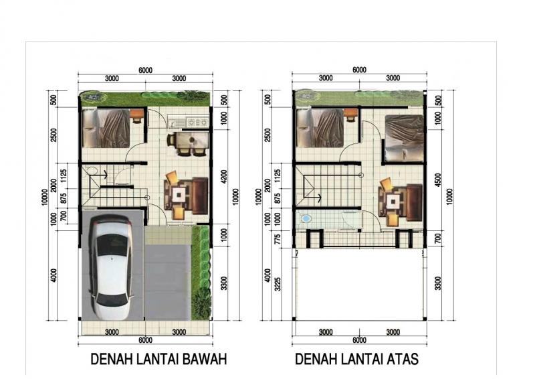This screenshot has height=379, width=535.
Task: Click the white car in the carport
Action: tap(112, 268)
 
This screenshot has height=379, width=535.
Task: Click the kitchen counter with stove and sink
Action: tap(189, 123)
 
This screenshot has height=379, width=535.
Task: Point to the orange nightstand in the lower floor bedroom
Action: tap(136, 116)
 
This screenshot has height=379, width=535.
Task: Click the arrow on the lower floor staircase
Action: tap(104, 175)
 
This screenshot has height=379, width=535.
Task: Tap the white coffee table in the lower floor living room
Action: tap(179, 195)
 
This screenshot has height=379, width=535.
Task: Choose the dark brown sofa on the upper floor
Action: tap(413, 200)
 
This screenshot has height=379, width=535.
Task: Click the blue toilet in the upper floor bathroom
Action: tap(306, 219)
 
